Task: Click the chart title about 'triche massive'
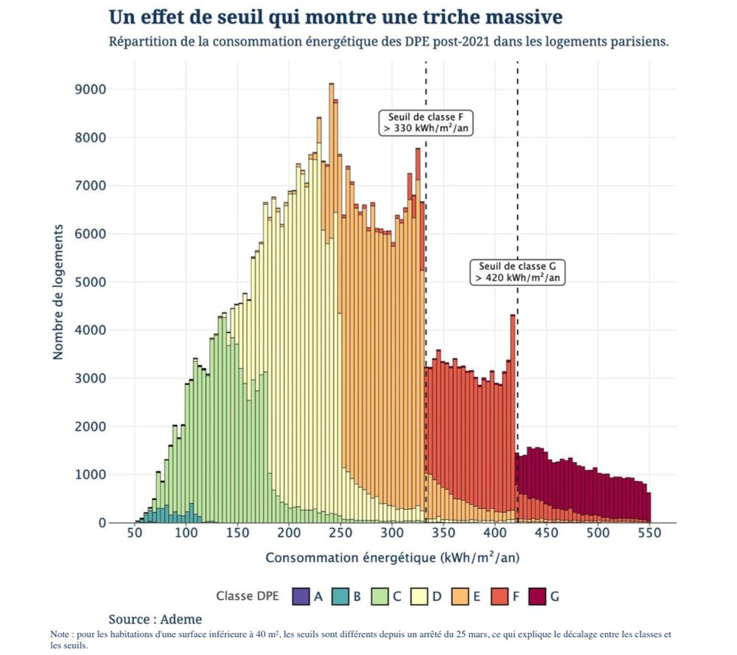pyautogui.click(x=335, y=16)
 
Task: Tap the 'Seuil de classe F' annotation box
pyautogui.click(x=426, y=122)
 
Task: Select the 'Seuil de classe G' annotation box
pyautogui.click(x=517, y=272)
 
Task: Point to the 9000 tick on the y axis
pyautogui.click(x=92, y=89)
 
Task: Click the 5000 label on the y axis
pyautogui.click(x=92, y=282)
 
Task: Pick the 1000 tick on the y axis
pyautogui.click(x=92, y=475)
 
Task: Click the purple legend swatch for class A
pyautogui.click(x=301, y=596)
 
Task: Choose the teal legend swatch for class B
pyautogui.click(x=340, y=596)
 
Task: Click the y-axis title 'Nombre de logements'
pyautogui.click(x=58, y=292)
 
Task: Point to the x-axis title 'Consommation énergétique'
pyautogui.click(x=392, y=558)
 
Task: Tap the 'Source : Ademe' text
pyautogui.click(x=155, y=619)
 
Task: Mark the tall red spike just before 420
pyautogui.click(x=513, y=413)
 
